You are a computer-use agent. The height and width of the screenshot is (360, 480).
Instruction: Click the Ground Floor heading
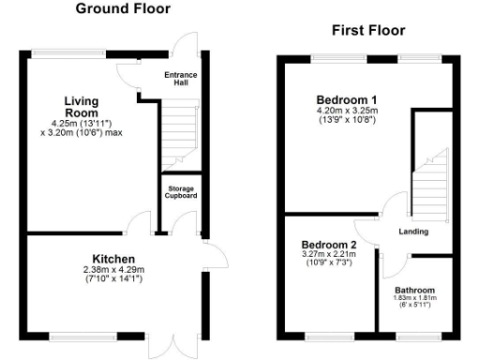(124, 9)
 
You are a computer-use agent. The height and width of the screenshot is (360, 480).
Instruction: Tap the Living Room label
(82, 106)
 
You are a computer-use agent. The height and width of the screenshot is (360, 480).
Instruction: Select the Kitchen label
(113, 259)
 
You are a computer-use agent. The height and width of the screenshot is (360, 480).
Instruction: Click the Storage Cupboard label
(175, 192)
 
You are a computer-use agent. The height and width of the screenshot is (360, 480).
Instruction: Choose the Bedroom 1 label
(346, 100)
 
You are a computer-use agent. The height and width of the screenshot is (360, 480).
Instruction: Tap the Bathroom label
(414, 290)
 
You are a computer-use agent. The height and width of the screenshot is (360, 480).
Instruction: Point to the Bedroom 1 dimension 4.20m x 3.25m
(346, 112)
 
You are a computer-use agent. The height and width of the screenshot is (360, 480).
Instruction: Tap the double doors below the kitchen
(173, 344)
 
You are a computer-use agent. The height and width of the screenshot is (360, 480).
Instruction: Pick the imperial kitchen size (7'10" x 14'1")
(113, 279)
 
